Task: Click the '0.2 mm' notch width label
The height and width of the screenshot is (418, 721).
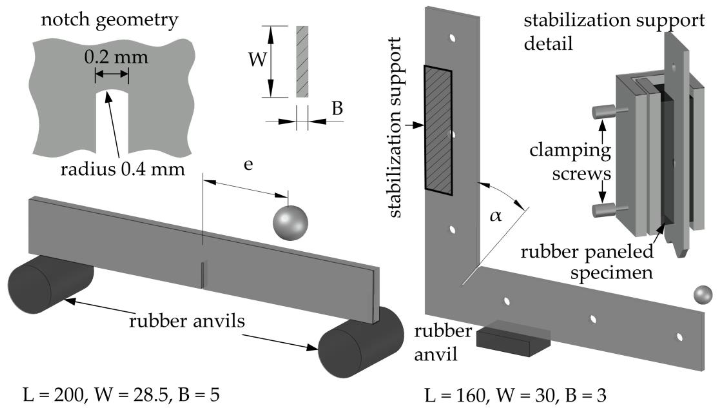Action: tap(116, 57)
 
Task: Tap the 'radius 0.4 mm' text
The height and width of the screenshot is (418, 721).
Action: tap(122, 170)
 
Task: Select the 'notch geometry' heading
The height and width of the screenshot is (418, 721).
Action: tap(110, 20)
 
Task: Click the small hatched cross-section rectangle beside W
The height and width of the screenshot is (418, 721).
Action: tap(302, 62)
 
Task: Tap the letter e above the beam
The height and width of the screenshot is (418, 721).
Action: tap(248, 165)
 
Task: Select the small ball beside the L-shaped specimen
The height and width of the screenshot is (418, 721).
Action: tap(703, 295)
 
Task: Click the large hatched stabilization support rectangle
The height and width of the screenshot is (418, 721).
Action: tap(438, 131)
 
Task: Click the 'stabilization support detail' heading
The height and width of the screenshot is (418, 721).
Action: tap(614, 32)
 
